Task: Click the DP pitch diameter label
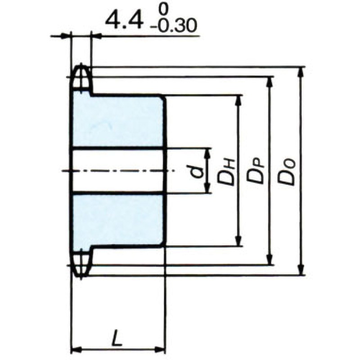pyautogui.click(x=257, y=171)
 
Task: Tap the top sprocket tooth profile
pyautogui.click(x=81, y=78)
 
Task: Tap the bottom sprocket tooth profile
pyautogui.click(x=81, y=264)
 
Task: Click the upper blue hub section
pyautogui.click(x=118, y=121)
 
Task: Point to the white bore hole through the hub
pyautogui.click(x=118, y=171)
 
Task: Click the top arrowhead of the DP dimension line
pyautogui.click(x=270, y=81)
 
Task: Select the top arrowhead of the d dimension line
pyautogui.click(x=207, y=153)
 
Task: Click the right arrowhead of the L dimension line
pyautogui.click(x=161, y=349)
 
